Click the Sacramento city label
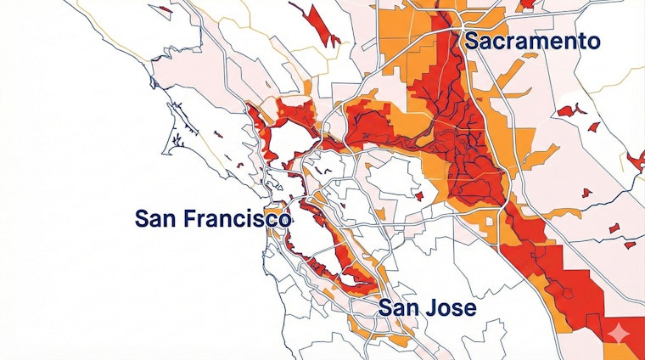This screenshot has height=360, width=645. pos(531,42)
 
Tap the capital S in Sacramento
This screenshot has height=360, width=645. pos(471,42)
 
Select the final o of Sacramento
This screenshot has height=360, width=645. pos(592,42)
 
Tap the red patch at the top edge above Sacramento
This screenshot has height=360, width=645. pos(527,4)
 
